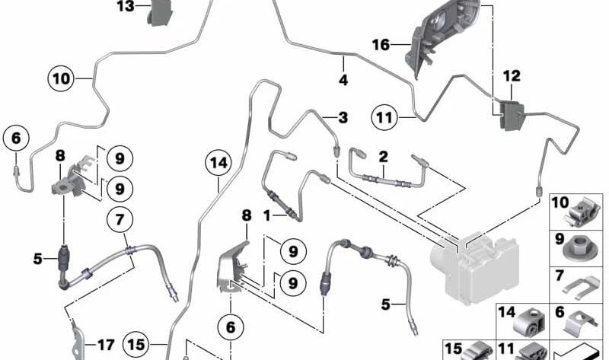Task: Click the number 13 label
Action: point(125,7)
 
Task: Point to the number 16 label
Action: point(381,46)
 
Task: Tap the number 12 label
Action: point(512,76)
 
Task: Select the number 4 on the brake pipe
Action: point(343,79)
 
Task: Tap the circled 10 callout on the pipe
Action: point(62,77)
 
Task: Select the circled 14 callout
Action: point(218,162)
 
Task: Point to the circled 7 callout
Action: point(120,220)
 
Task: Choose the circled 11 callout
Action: point(385,117)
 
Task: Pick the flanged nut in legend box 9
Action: point(582,248)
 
